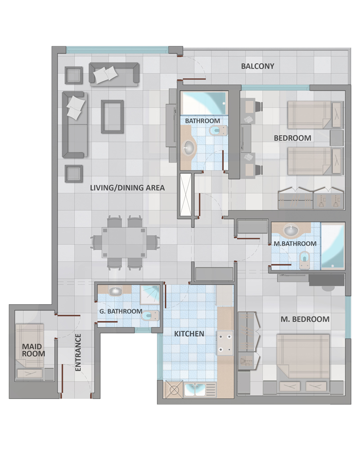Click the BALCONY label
click(257, 66)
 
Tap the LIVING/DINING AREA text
click(127, 188)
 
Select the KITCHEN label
click(189, 334)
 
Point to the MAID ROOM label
click(34, 350)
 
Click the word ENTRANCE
click(78, 352)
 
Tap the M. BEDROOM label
click(305, 319)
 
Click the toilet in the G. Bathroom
click(150, 316)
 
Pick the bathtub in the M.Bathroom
click(333, 246)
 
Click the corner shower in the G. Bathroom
click(149, 294)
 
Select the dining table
click(124, 243)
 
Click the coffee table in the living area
click(112, 117)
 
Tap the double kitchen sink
click(195, 389)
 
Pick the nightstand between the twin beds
click(337, 138)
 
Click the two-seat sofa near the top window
click(114, 74)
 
